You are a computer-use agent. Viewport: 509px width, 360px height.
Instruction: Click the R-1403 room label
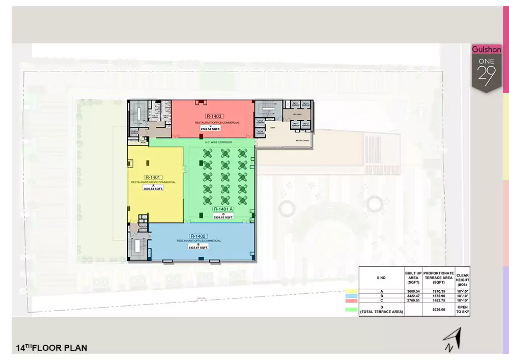click(213, 117)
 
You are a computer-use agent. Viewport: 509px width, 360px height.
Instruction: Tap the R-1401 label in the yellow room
click(153, 177)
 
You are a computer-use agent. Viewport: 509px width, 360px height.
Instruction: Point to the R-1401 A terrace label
click(223, 209)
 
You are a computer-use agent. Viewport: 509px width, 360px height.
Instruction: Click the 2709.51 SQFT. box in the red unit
click(213, 129)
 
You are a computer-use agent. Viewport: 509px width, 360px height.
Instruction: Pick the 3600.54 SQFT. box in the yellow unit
click(153, 188)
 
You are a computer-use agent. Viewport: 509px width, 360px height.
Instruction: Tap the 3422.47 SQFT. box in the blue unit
click(198, 247)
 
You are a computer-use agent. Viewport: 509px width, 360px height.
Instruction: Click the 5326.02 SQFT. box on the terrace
click(223, 217)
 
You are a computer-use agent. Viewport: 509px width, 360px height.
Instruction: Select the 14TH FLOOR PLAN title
click(51, 348)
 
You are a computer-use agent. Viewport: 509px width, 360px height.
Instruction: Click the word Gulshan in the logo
click(487, 50)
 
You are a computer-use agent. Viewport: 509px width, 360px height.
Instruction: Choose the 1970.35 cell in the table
click(439, 290)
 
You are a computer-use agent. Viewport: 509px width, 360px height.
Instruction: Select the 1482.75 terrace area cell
click(439, 300)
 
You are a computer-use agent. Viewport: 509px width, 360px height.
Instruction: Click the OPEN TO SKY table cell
click(463, 309)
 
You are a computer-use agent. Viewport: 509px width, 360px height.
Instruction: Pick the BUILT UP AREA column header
click(413, 278)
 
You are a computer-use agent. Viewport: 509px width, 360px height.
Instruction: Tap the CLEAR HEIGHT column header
click(463, 278)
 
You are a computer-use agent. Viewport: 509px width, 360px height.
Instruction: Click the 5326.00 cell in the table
click(439, 309)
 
